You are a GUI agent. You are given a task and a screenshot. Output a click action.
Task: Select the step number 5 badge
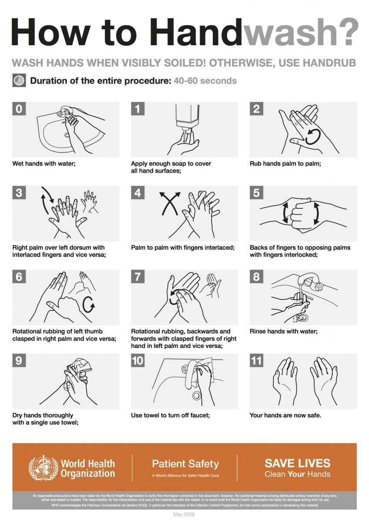click(256, 193)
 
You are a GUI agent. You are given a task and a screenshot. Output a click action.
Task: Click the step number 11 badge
click(257, 360)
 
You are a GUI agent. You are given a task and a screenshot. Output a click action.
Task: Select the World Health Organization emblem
click(43, 468)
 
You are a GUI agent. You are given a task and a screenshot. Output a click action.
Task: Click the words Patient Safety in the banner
click(185, 464)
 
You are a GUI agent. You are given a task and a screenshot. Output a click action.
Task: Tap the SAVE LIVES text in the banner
click(298, 463)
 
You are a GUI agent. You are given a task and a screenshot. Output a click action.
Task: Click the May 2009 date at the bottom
click(184, 515)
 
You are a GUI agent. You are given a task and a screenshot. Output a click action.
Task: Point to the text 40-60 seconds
click(205, 81)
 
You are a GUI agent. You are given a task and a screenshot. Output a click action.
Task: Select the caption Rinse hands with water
click(284, 331)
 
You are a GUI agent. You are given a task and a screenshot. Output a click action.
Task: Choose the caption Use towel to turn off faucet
click(171, 415)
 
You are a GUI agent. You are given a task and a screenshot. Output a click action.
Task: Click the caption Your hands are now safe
click(285, 415)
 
